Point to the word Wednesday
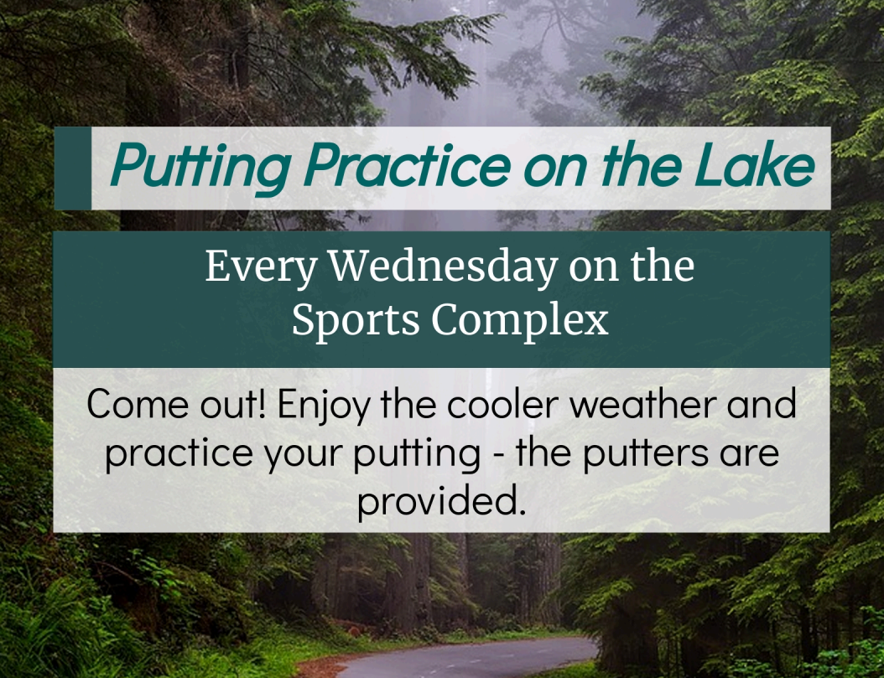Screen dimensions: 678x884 443,267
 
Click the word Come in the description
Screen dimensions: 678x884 134,405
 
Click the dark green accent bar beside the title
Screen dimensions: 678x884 73,168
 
